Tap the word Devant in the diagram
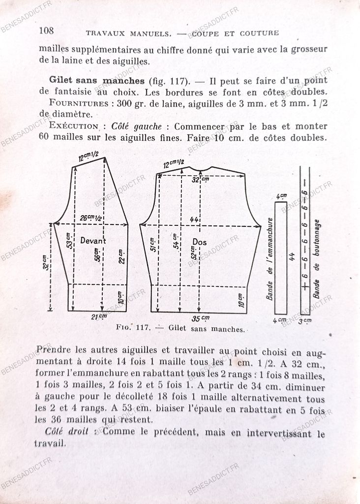coord(93,241)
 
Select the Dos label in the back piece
coord(199,242)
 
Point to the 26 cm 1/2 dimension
coord(90,218)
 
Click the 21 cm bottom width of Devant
coord(100,316)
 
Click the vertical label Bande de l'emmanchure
coord(269,258)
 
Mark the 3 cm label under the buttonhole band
coord(305,320)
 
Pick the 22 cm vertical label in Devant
coord(121,256)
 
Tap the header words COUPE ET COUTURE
coord(235,33)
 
